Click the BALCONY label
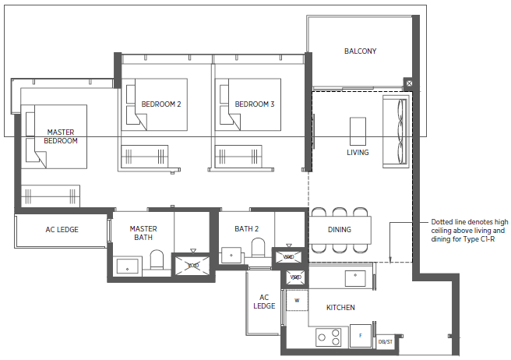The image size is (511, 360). point(360,51)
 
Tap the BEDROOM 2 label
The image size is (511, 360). point(161,104)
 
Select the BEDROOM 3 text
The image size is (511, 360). point(255,104)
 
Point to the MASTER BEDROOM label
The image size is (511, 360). point(61,136)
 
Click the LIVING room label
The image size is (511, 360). point(358,152)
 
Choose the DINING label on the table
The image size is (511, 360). point(340,230)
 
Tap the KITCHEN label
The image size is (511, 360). point(340,308)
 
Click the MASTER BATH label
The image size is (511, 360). point(143,233)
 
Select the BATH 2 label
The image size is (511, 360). point(247,229)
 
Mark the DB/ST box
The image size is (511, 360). point(386,342)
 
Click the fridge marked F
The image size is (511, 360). point(361,336)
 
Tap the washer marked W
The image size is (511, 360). point(297,300)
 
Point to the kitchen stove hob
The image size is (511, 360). point(329,337)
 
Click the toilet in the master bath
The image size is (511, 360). point(157,260)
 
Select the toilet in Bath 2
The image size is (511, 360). point(258,248)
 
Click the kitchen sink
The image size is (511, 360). point(355,278)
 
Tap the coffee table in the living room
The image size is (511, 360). point(358,131)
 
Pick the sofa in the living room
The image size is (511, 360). point(395,132)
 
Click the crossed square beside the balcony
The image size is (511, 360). point(409,83)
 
